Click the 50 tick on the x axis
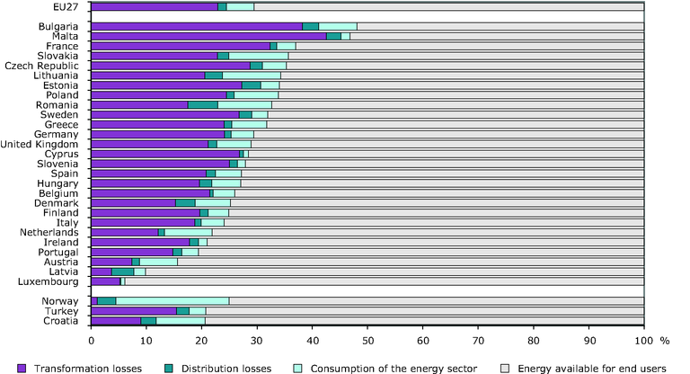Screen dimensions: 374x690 click(x=367, y=343)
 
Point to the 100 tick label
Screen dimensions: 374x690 click(x=643, y=343)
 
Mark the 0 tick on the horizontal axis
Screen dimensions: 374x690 click(x=91, y=343)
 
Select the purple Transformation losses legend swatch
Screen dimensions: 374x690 click(x=22, y=367)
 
